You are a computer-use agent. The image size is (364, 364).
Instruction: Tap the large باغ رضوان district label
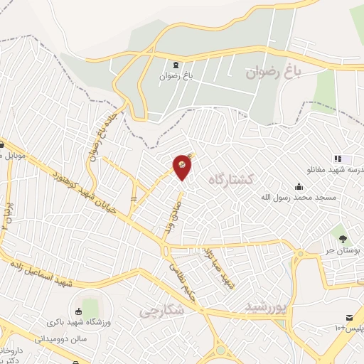point(274,72)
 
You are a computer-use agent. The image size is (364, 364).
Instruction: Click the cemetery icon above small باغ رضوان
point(176,65)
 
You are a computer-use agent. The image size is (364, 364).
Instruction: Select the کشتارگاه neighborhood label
point(232,179)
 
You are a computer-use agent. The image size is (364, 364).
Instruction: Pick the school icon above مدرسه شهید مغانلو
point(338,159)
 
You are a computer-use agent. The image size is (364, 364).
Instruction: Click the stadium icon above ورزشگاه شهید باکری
point(77,312)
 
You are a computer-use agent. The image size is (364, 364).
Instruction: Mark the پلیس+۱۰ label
point(341,328)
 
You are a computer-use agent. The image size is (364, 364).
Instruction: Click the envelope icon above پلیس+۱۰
point(349,316)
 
